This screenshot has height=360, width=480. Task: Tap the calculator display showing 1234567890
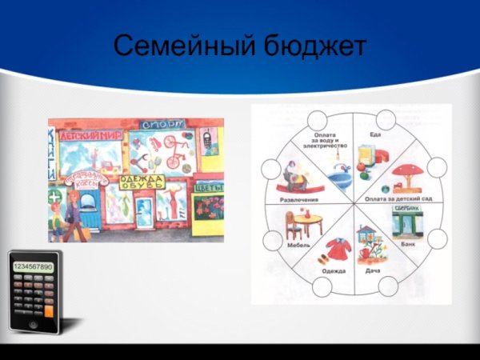coord(33,266)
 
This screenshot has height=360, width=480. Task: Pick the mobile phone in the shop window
coord(206,141)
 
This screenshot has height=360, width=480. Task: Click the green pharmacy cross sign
coord(53,195)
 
